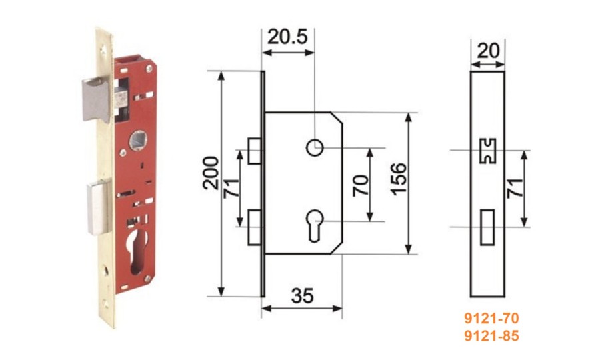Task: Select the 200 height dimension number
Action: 211,173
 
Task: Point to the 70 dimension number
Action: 360,185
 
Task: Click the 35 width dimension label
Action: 302,296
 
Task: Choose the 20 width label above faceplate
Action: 488,51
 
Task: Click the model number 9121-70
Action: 491,318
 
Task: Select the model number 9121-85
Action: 491,336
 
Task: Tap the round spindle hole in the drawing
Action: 315,148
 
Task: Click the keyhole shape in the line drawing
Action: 315,225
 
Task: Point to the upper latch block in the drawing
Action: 255,151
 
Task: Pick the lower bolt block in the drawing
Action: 255,227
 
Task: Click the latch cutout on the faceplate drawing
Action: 487,151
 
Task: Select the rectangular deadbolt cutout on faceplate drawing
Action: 487,227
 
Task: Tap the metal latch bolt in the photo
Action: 96,99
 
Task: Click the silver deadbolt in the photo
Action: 98,207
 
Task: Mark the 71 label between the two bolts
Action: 231,187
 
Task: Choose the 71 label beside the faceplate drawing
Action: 515,187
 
